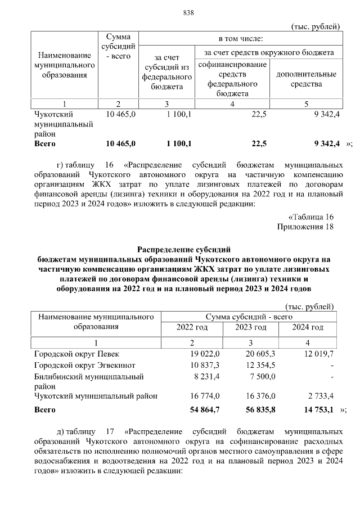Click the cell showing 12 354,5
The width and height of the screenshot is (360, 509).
point(263,365)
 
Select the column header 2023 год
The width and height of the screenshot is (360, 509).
point(251,327)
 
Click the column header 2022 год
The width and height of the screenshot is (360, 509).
point(192,327)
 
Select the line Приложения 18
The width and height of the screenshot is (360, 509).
point(306,227)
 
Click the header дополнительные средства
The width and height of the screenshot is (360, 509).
point(306,79)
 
